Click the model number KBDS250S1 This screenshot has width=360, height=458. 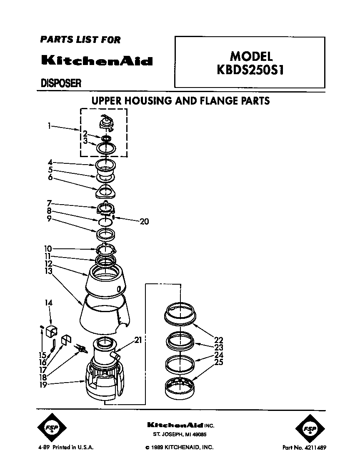tap(250, 69)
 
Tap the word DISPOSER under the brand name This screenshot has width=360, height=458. tap(60, 83)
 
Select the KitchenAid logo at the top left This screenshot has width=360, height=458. tap(97, 60)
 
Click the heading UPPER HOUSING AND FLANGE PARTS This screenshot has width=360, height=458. tap(180, 101)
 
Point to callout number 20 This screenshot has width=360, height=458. tap(144, 221)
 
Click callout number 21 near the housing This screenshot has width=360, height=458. tap(138, 340)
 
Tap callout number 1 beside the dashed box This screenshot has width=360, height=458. tap(49, 124)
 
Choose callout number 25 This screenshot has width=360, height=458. tap(218, 363)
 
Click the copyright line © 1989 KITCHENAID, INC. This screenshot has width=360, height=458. tap(180, 447)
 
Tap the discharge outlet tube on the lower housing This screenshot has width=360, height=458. tap(116, 355)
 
